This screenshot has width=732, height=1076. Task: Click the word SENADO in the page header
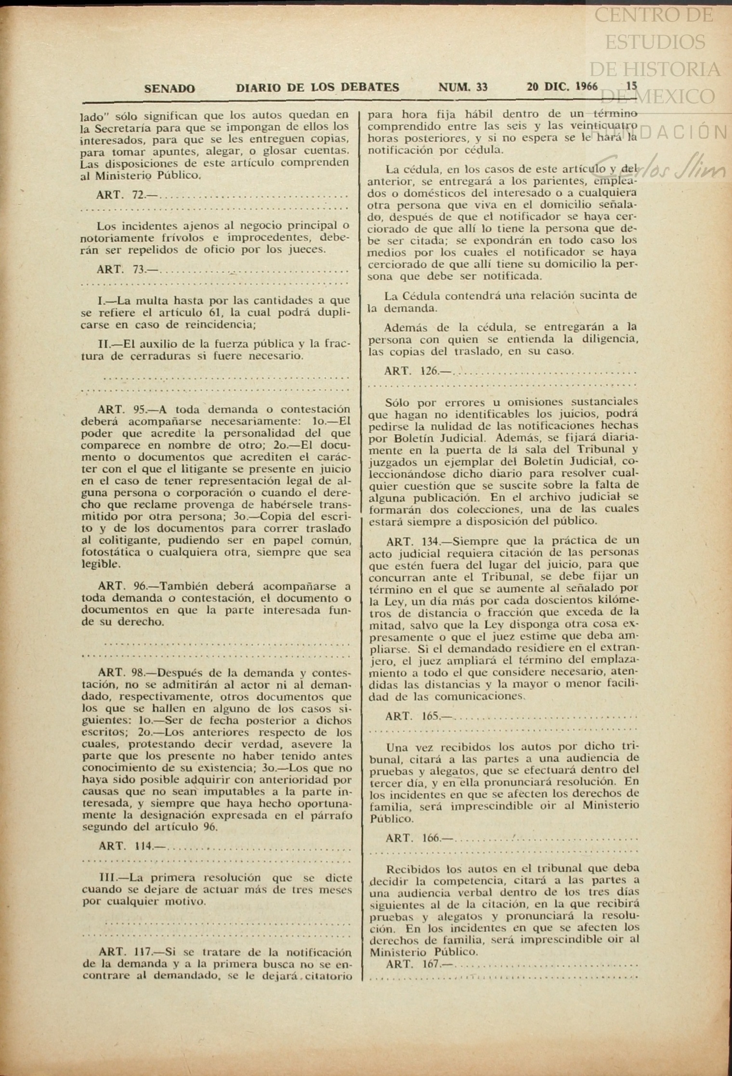point(170,89)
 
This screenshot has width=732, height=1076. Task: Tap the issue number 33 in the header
point(481,87)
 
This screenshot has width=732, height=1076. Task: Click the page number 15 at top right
point(632,86)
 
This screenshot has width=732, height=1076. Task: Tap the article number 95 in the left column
point(140,410)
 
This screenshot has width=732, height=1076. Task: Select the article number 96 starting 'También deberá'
point(140,587)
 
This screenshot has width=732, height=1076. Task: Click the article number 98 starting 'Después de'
point(140,673)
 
